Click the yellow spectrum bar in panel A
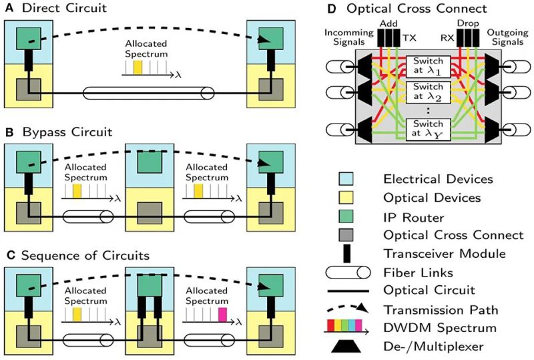[137, 67]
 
